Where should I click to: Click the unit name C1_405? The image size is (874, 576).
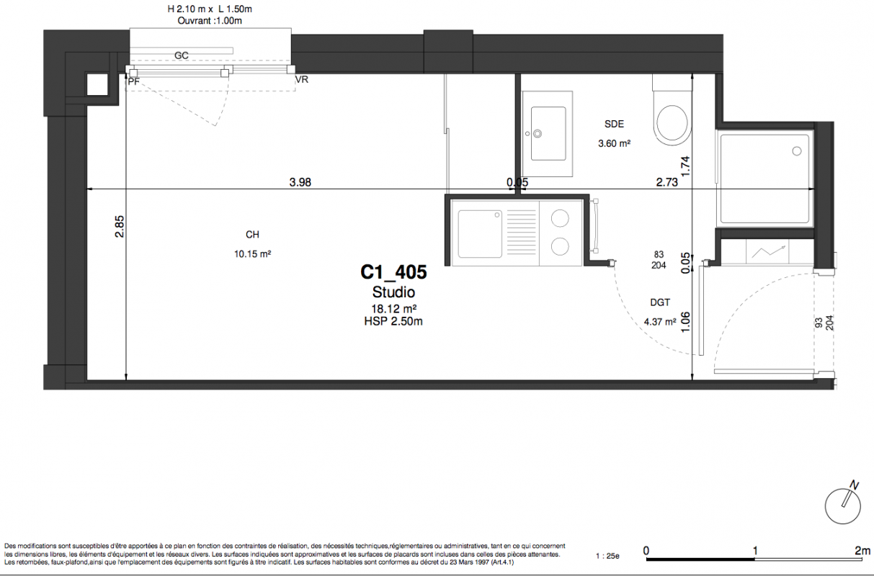click(393, 272)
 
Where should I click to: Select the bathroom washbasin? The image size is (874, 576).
click(548, 134)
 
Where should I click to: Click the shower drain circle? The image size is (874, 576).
click(797, 151)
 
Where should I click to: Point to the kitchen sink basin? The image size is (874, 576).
click(480, 234)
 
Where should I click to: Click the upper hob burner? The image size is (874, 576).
click(560, 218)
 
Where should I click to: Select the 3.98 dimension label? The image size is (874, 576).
click(300, 182)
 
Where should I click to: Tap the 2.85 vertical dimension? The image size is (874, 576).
click(120, 226)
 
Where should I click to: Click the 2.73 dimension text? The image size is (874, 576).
click(666, 182)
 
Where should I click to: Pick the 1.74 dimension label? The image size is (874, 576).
click(685, 166)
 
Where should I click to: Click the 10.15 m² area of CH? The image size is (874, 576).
click(252, 254)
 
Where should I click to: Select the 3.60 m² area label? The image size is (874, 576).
click(614, 143)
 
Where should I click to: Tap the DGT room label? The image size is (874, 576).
click(660, 302)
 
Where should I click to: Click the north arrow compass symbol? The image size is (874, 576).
click(843, 505)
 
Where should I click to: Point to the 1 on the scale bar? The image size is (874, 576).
click(754, 551)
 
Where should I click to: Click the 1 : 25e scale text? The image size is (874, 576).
click(607, 556)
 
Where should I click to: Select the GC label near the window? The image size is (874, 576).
click(181, 55)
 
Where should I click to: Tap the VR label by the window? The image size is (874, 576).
click(302, 79)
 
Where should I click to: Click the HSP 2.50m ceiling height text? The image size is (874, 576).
click(393, 321)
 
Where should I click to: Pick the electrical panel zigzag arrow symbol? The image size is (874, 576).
click(768, 251)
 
